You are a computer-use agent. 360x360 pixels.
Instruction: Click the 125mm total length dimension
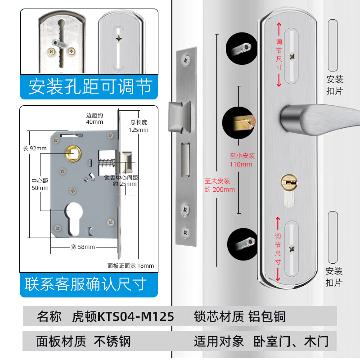pyautogui.click(x=139, y=126)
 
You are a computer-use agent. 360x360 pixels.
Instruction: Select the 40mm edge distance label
pyautogui.click(x=94, y=118)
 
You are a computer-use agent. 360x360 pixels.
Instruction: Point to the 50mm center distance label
pyautogui.click(x=40, y=184)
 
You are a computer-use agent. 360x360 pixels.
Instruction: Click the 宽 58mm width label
pyautogui.click(x=83, y=247)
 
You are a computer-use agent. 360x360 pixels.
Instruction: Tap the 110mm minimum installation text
pyautogui.click(x=242, y=160)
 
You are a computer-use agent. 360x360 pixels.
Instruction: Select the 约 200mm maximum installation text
pyautogui.click(x=220, y=185)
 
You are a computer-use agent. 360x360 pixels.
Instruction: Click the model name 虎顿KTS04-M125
pyautogui.click(x=123, y=316)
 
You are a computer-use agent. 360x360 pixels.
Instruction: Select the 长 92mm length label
pyautogui.click(x=35, y=148)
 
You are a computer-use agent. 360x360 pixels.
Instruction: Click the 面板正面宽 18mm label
pyautogui.click(x=130, y=265)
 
